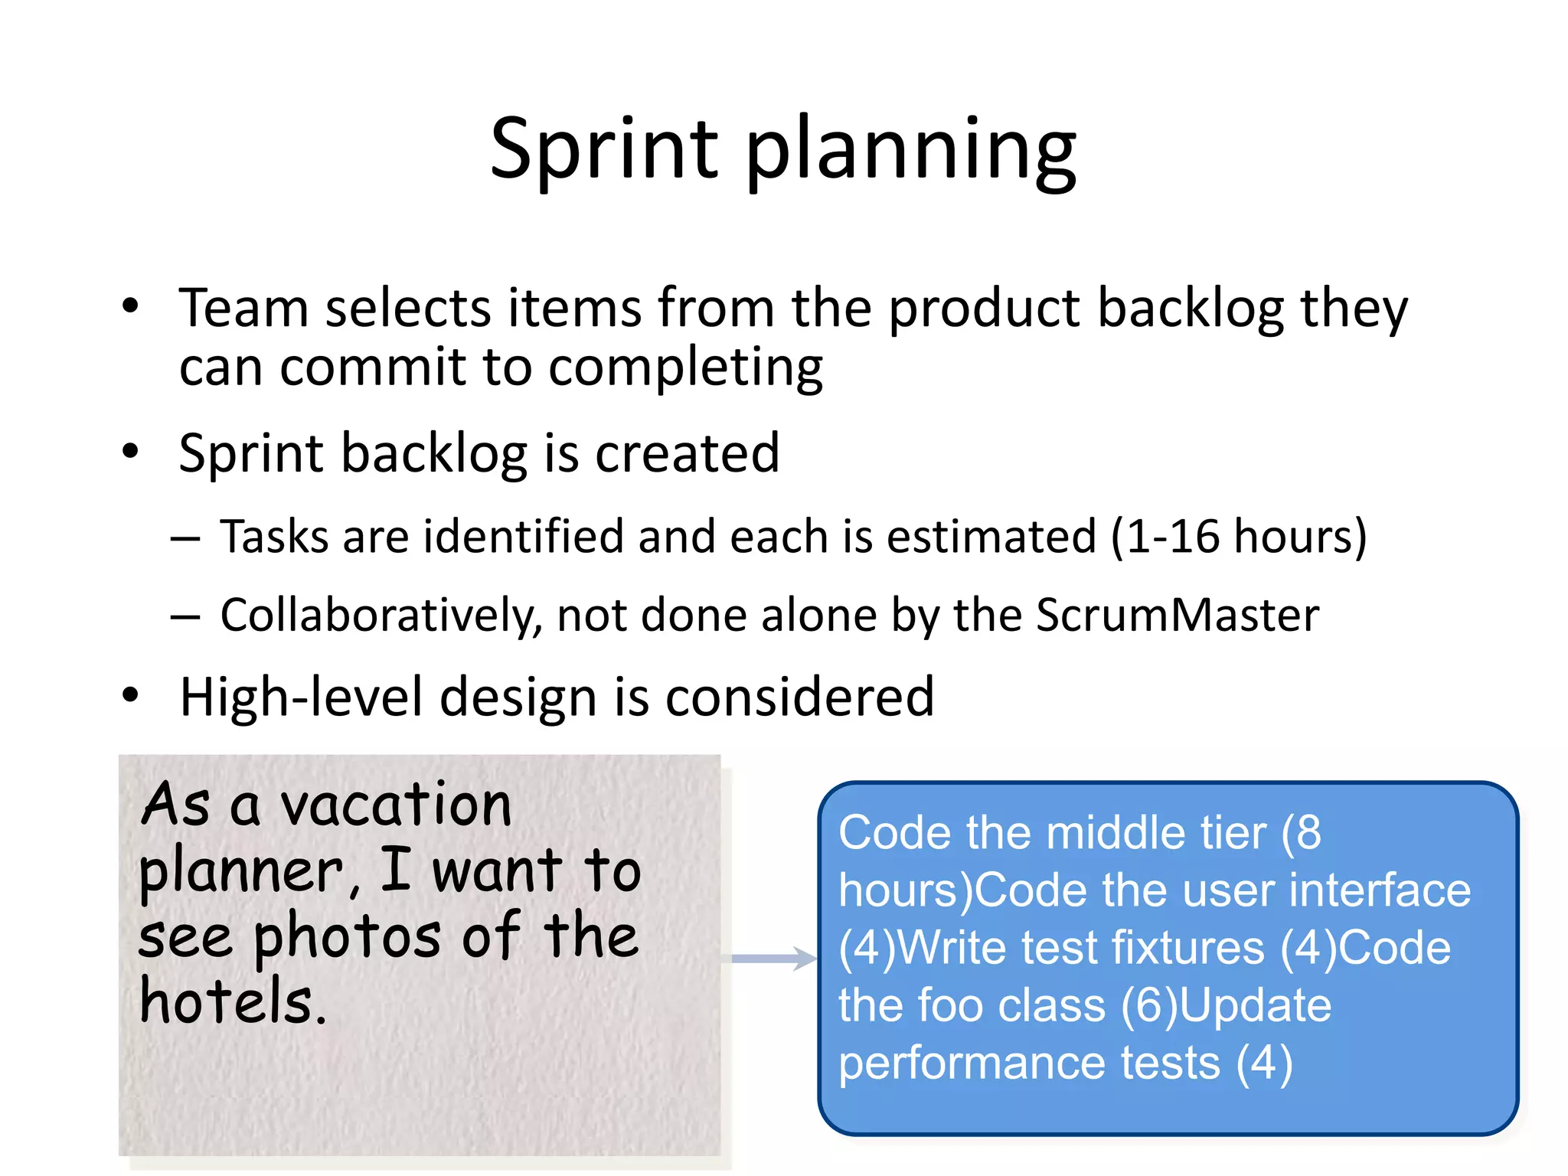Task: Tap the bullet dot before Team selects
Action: (131, 306)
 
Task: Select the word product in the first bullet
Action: (984, 310)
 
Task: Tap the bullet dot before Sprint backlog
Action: (131, 451)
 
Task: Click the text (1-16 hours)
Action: (1238, 537)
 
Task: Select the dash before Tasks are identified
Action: (185, 539)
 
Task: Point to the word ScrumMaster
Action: (1178, 616)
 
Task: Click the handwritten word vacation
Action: (396, 805)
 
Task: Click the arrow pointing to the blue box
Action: (773, 958)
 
